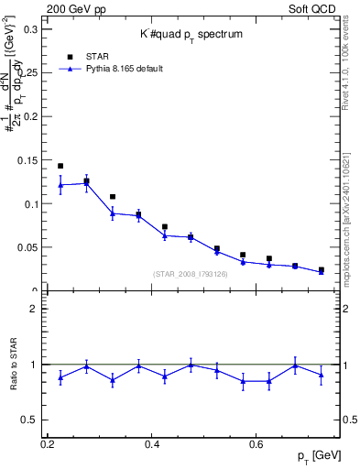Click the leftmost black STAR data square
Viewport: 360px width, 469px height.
coord(60,166)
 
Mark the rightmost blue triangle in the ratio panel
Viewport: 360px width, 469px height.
coord(321,375)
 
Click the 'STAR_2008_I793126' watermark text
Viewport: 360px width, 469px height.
coord(191,274)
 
